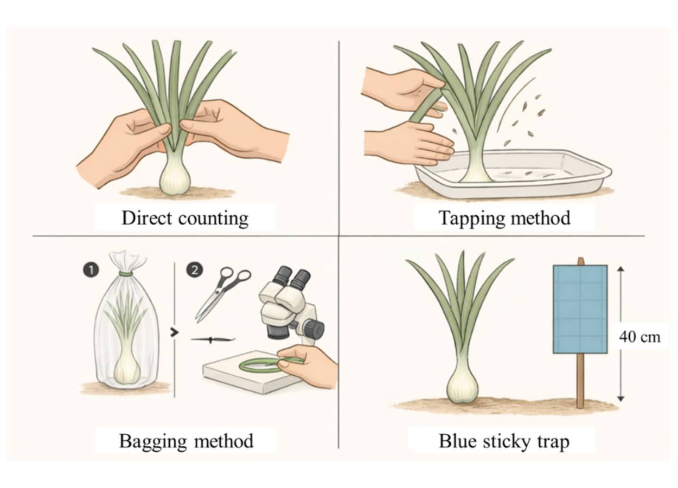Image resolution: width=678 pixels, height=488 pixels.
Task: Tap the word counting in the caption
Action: pyautogui.click(x=213, y=219)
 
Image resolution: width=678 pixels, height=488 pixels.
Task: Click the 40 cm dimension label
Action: pyautogui.click(x=639, y=337)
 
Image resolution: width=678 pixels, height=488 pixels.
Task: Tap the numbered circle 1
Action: pyautogui.click(x=91, y=270)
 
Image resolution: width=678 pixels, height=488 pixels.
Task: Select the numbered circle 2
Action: pyautogui.click(x=195, y=269)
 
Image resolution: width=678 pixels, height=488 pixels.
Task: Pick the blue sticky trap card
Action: pyautogui.click(x=580, y=309)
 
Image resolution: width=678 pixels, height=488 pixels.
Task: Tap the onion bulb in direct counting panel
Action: pyautogui.click(x=175, y=179)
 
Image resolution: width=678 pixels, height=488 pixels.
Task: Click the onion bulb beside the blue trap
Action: pyautogui.click(x=463, y=387)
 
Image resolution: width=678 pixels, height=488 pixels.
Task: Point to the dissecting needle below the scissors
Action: pyautogui.click(x=213, y=339)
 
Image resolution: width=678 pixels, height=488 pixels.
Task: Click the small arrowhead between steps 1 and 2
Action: pyautogui.click(x=175, y=332)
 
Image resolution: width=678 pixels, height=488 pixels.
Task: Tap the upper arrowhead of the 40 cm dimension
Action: pyautogui.click(x=621, y=269)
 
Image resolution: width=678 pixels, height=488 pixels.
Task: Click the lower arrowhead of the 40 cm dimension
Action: pyautogui.click(x=621, y=399)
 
